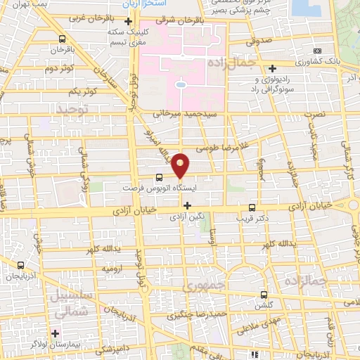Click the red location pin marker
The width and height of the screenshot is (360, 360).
[181, 165]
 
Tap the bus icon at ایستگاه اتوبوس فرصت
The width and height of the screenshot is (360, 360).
[158, 178]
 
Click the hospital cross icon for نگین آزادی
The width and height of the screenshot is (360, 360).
[187, 205]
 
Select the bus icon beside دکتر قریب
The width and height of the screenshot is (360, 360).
[252, 207]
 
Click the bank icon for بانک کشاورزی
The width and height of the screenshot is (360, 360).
[318, 51]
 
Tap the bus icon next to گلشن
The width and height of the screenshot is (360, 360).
[264, 295]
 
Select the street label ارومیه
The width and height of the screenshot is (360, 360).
[114, 269]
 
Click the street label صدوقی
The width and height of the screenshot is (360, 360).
[259, 42]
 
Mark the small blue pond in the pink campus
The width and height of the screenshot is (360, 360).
[181, 84]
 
